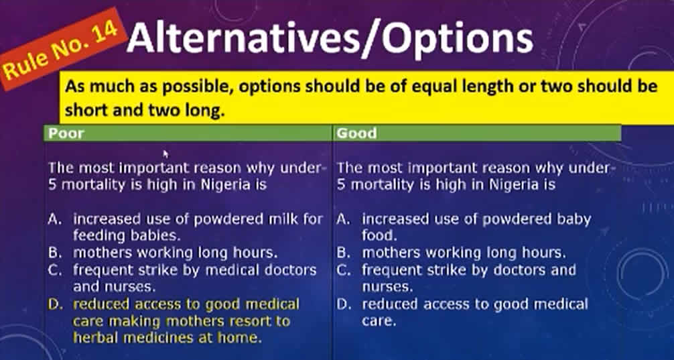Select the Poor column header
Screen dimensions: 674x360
(66, 133)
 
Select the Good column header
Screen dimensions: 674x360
(356, 133)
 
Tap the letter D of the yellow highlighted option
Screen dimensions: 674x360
(54, 305)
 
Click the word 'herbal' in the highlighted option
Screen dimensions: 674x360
(96, 337)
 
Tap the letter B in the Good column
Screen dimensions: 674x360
(342, 253)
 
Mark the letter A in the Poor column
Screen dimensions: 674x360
(54, 219)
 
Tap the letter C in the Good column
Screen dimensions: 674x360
(342, 270)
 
